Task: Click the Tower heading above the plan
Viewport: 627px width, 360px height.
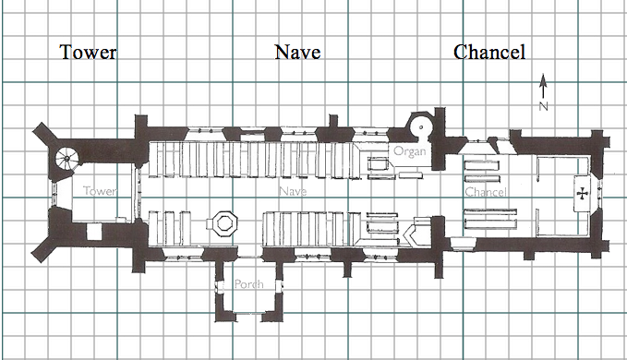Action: coord(89,53)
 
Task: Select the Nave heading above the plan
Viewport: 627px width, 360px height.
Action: coord(297,53)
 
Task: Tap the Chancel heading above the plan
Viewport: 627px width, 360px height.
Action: coord(490,53)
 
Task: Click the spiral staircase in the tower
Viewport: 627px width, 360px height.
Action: coord(68,159)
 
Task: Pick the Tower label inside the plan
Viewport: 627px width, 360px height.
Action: coord(99,191)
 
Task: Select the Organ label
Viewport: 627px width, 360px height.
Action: coord(409,150)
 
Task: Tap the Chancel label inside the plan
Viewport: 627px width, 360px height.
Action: coord(484,192)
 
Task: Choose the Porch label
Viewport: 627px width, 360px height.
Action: coord(249,284)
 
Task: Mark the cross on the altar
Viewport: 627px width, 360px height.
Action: coord(584,194)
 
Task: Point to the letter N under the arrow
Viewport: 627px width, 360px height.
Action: coord(544,106)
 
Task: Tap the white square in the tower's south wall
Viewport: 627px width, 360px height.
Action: coord(93,234)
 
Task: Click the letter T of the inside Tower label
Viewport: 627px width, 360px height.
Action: coord(86,191)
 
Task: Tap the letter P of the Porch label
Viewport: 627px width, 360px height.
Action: coord(237,284)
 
